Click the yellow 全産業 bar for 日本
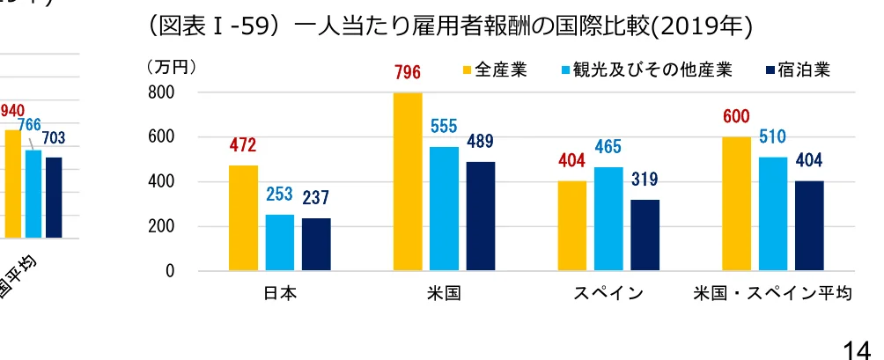243,217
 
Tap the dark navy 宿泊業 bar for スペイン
645,235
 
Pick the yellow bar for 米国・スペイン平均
737,203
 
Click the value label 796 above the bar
408,72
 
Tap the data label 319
645,180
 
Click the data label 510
772,137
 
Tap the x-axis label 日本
280,294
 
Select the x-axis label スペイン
608,294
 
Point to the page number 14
862,349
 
